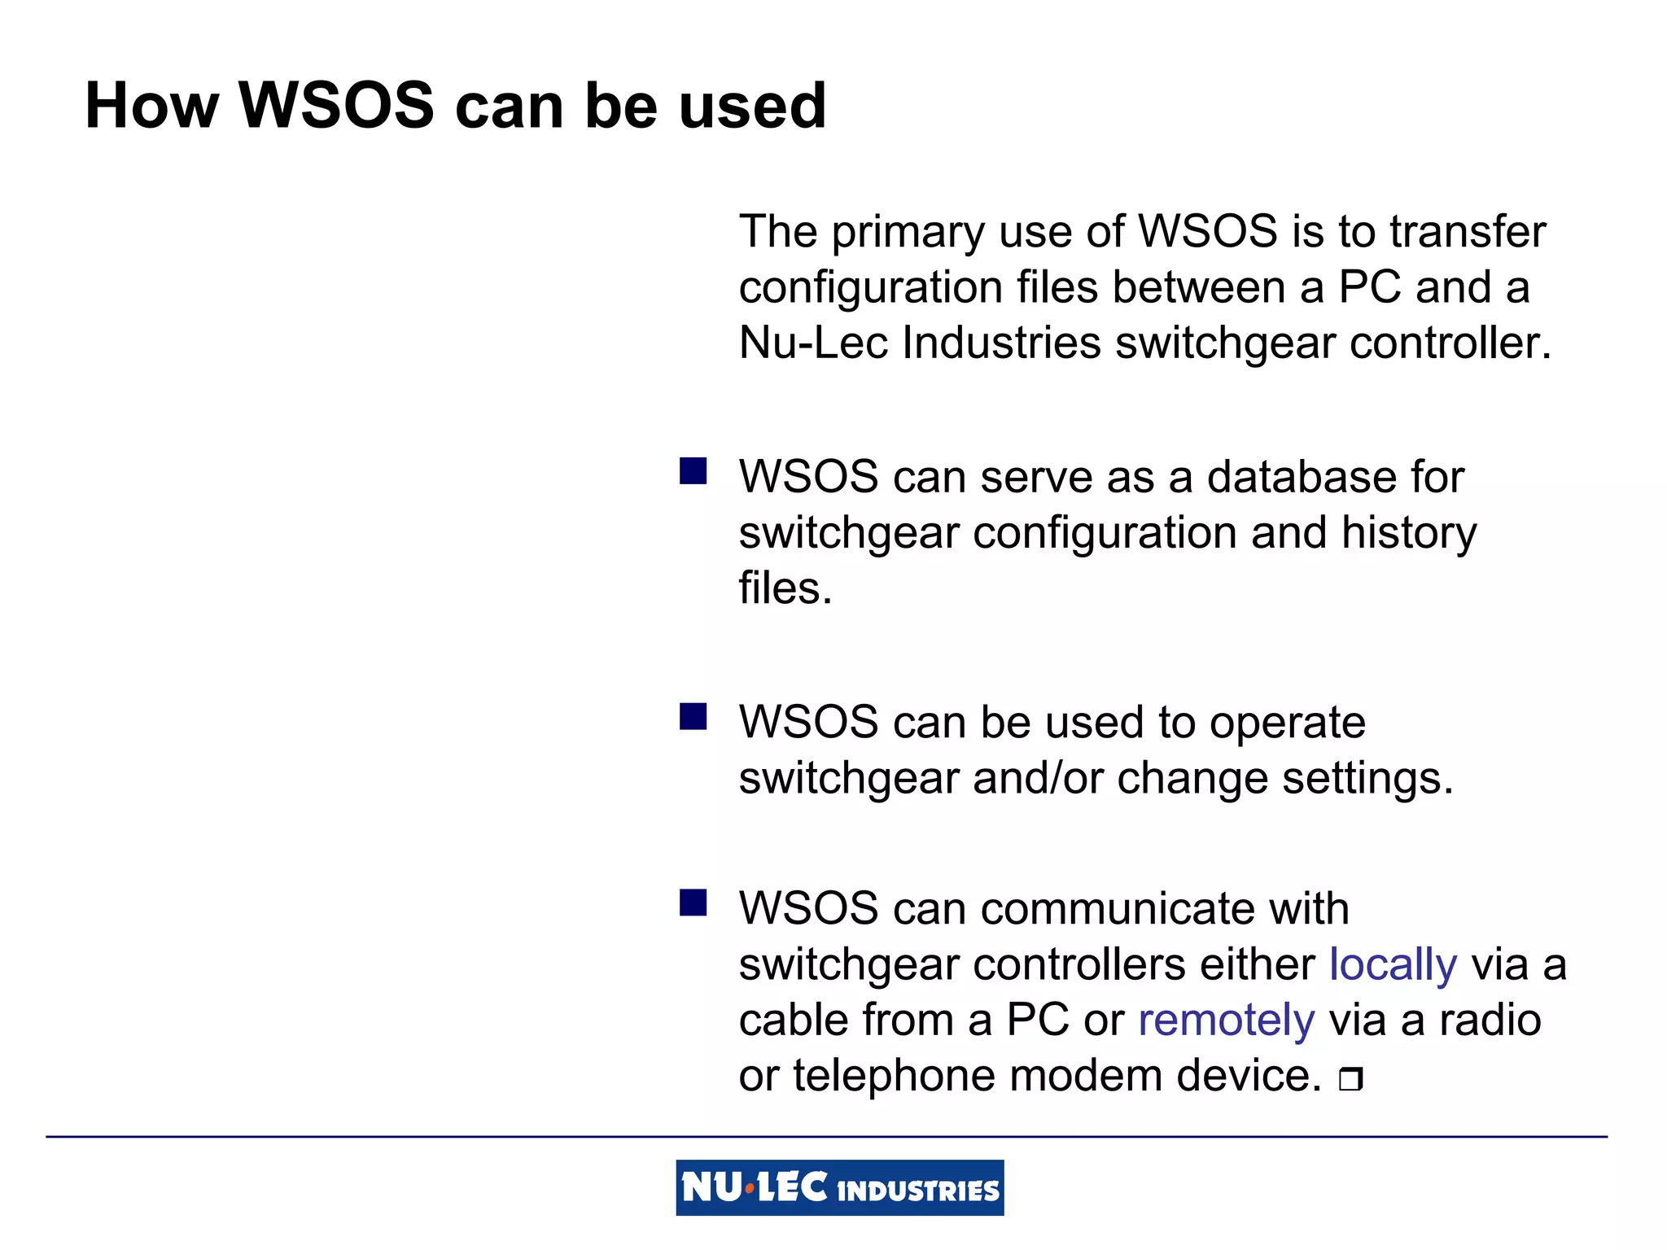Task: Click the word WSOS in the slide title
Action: tap(336, 106)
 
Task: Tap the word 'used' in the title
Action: tap(752, 106)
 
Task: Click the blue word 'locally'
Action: tap(1393, 965)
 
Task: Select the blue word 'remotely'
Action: tap(1226, 1021)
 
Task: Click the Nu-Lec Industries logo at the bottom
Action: tap(839, 1187)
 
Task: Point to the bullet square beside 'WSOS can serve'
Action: tap(693, 471)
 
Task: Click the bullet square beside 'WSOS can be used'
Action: tap(693, 717)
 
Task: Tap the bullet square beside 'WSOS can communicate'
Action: tap(693, 903)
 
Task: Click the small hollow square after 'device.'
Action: tap(1350, 1079)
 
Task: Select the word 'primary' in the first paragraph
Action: tap(908, 233)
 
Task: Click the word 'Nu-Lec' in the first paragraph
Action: tap(812, 343)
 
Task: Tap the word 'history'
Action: tap(1408, 534)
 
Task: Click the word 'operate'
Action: tap(1287, 723)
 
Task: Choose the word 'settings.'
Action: tap(1367, 779)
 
